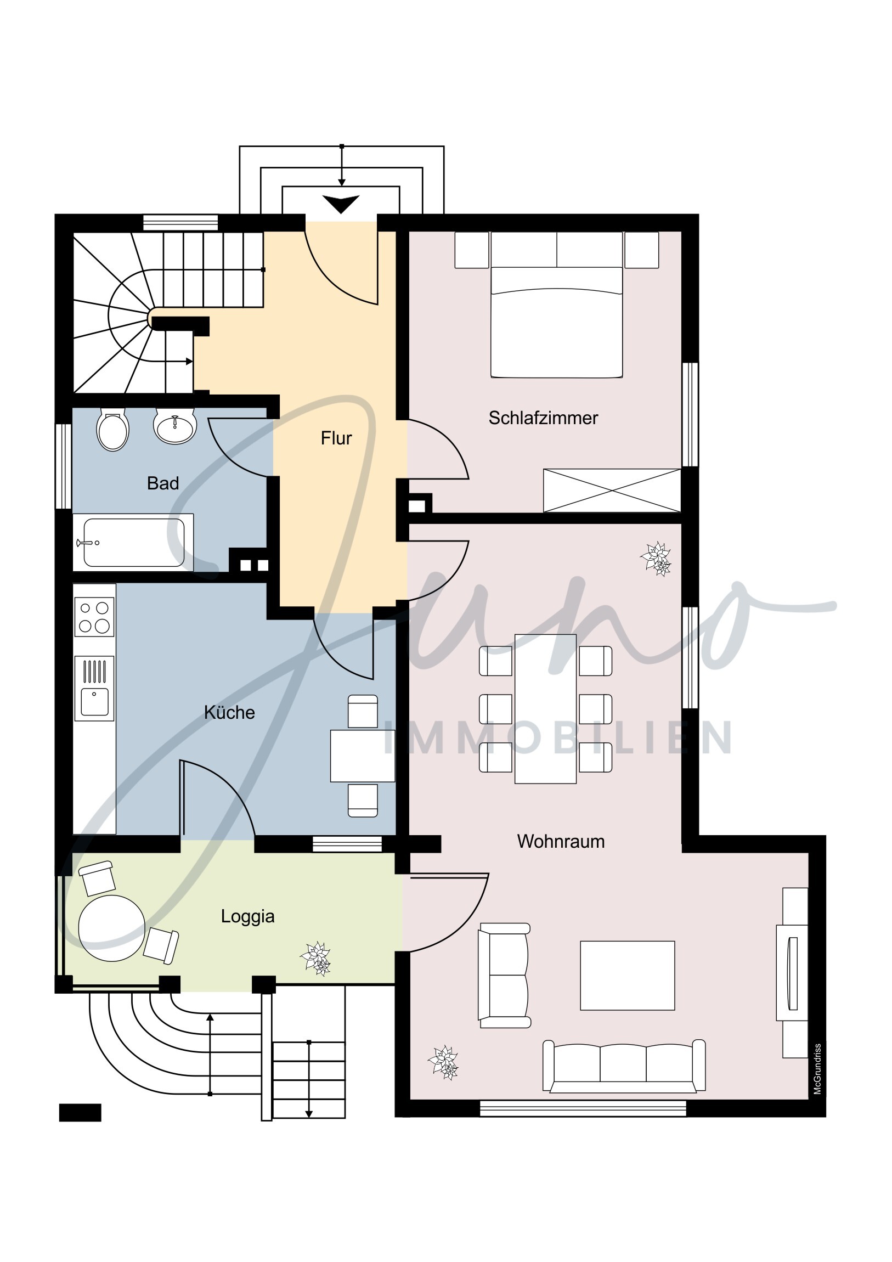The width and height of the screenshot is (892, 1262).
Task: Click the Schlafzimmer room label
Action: (x=543, y=418)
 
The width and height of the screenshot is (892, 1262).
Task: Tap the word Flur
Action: (x=336, y=438)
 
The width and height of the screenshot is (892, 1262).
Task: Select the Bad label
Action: (x=163, y=483)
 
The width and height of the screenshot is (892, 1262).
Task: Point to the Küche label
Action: (x=230, y=712)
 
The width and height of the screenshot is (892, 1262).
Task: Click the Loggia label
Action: (x=248, y=916)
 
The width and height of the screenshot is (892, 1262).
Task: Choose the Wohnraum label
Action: (x=561, y=842)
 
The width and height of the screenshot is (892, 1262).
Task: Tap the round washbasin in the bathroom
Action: (x=175, y=425)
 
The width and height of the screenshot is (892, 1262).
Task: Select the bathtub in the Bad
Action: (x=133, y=543)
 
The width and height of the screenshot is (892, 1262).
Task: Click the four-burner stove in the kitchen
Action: (x=94, y=617)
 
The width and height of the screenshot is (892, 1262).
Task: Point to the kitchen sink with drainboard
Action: (x=94, y=688)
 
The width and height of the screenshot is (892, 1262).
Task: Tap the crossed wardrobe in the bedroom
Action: (x=612, y=491)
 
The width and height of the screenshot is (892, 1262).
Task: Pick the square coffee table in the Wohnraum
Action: (x=628, y=976)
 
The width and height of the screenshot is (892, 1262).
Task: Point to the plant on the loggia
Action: (x=316, y=959)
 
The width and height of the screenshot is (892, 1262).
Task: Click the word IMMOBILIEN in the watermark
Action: (x=558, y=737)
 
